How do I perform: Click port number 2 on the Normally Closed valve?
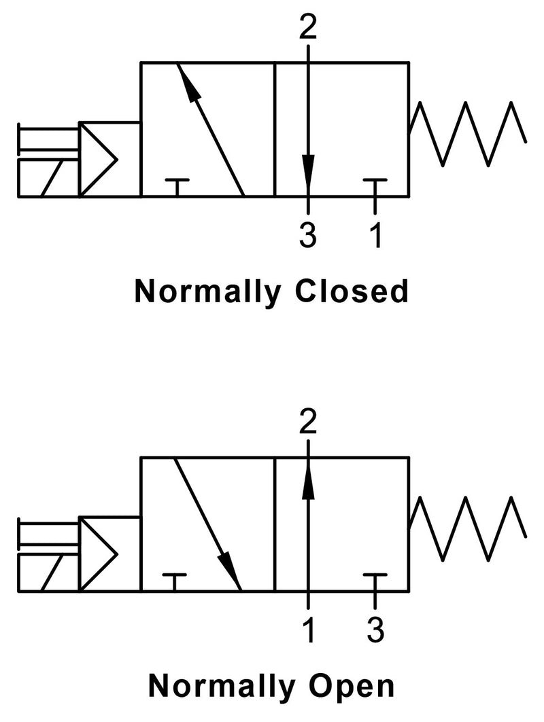(308, 27)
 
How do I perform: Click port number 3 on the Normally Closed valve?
(308, 235)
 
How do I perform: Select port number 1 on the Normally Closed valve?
(376, 235)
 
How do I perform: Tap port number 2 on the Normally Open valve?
(308, 422)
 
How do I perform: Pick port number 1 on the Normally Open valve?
(309, 630)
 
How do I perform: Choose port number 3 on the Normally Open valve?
(376, 630)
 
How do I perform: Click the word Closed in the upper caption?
(352, 291)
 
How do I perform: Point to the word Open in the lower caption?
(352, 686)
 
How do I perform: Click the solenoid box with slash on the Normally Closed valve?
(49, 179)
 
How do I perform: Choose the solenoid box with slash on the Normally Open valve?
(49, 573)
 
